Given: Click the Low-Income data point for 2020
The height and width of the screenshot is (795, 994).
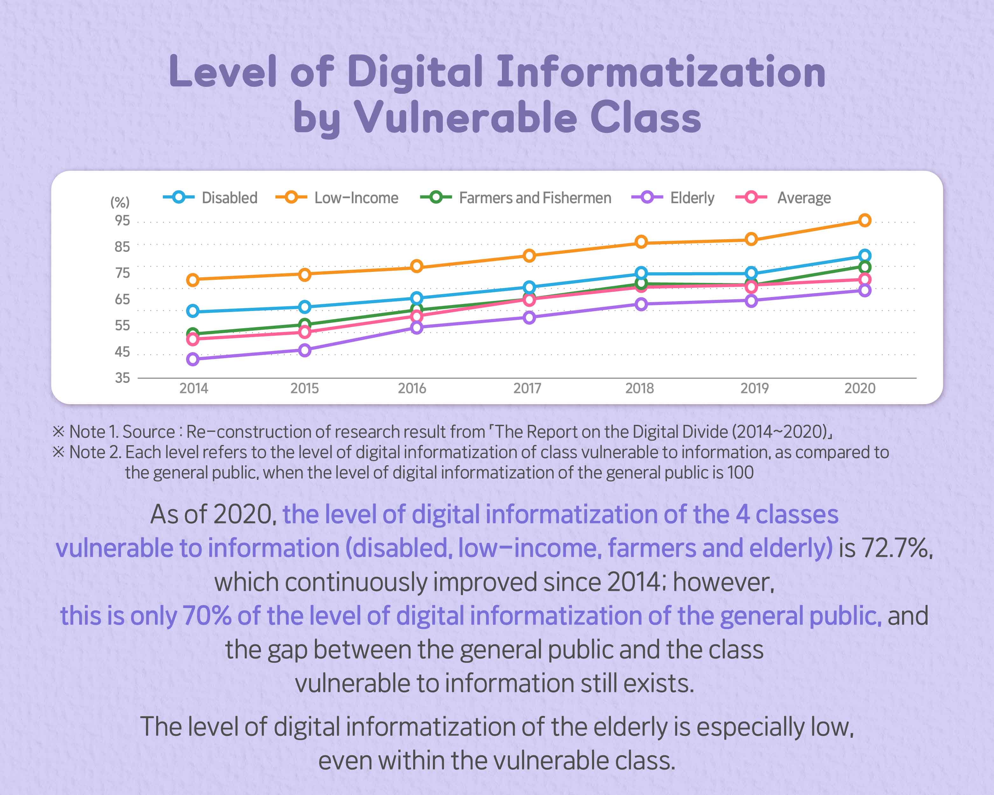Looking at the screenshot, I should pos(865,220).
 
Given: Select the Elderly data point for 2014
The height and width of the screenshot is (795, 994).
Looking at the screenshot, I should pos(193,359).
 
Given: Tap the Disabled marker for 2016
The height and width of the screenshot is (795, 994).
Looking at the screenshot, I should pos(417,298).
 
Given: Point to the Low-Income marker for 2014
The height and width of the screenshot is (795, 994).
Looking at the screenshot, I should pos(193,280).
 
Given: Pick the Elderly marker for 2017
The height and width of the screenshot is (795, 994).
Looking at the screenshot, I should pos(529,318).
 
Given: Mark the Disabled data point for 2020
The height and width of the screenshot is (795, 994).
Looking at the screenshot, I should pos(865,255).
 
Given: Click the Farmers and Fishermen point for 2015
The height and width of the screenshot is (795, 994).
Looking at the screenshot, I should pos(305,324).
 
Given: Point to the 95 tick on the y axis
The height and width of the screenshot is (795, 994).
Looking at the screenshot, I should pos(122,221).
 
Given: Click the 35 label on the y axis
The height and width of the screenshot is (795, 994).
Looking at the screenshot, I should pos(122,378).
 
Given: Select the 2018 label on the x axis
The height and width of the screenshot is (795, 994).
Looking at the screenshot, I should pos(639,389).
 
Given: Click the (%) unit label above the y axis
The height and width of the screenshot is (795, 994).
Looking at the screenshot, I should pos(120,202).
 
